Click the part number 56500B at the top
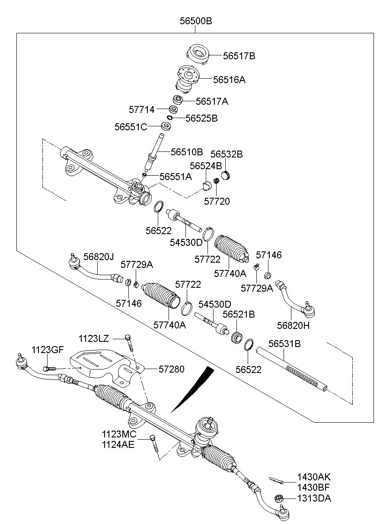(196, 20)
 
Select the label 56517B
(239, 56)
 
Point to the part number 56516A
(229, 80)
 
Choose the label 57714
(141, 110)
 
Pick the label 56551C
(131, 127)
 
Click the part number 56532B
(227, 154)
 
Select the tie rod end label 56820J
(99, 257)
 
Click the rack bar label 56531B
(284, 344)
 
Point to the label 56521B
(239, 315)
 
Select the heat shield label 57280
(171, 369)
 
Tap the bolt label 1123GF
(48, 350)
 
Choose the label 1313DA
(314, 498)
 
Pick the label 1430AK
(314, 477)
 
